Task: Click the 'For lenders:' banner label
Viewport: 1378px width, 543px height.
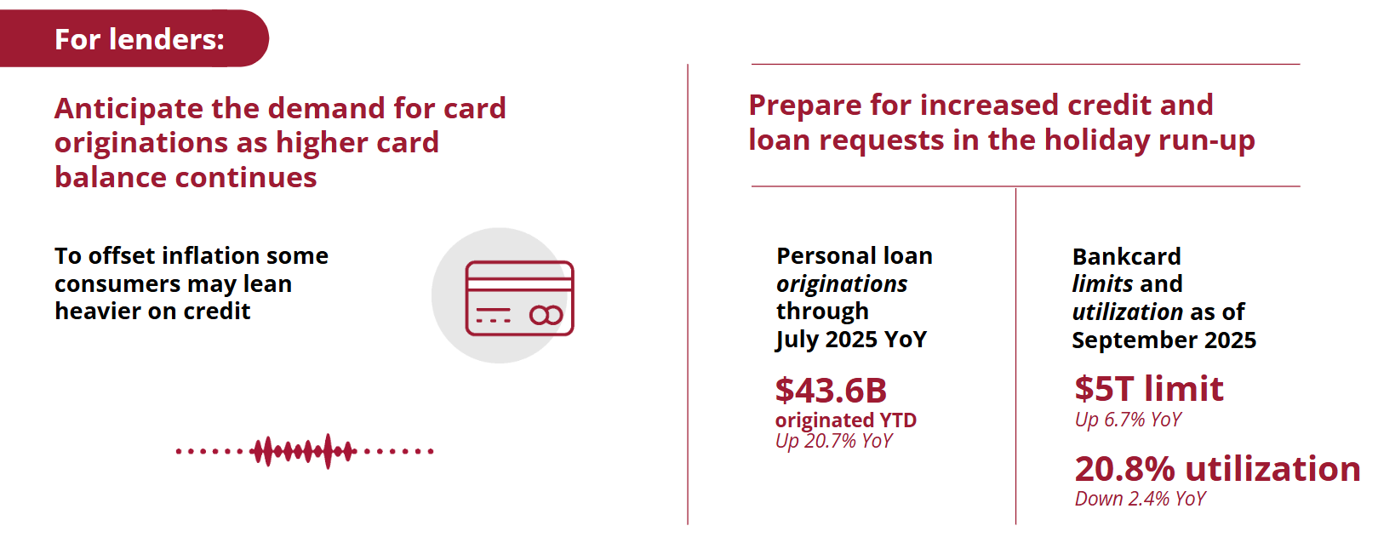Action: [x=139, y=39]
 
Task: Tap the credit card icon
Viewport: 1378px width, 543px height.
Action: [x=519, y=298]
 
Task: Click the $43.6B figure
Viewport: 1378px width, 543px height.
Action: [x=831, y=390]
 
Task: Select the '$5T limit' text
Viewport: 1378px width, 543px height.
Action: [x=1148, y=389]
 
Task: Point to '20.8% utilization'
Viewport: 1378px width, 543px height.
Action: [x=1217, y=469]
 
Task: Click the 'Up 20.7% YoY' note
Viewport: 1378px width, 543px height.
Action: [x=833, y=441]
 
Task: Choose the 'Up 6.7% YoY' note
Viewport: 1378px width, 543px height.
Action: [x=1128, y=420]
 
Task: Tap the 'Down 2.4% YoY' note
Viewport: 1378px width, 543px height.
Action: [x=1140, y=499]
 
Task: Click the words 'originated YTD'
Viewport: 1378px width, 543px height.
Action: [x=846, y=420]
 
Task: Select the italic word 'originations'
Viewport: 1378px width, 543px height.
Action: [x=842, y=284]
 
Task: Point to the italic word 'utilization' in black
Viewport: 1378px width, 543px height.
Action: [x=1127, y=312]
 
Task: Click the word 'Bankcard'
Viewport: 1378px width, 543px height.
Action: [x=1126, y=256]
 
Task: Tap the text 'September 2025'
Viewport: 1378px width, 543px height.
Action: [x=1164, y=340]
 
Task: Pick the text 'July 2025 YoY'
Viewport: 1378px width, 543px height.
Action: [x=851, y=340]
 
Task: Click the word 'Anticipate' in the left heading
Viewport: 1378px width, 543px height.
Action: [x=129, y=109]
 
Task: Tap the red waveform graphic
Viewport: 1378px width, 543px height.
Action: [x=305, y=451]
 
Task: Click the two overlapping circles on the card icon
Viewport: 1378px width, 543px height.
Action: [x=546, y=316]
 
